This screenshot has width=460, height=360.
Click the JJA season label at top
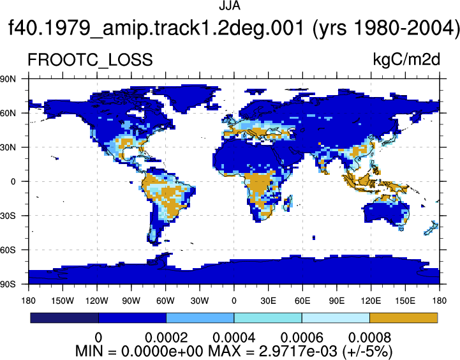pyautogui.click(x=230, y=6)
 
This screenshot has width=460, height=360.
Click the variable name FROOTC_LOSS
pyautogui.click(x=90, y=59)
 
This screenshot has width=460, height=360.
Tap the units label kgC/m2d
pyautogui.click(x=406, y=59)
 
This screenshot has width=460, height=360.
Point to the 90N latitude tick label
pyautogui.click(x=8, y=79)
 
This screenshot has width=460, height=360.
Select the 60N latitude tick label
pyautogui.click(x=8, y=113)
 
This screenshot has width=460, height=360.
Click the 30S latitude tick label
pyautogui.click(x=8, y=216)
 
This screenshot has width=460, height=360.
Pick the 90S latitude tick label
pyautogui.click(x=8, y=284)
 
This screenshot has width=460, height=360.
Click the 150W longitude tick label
pyautogui.click(x=63, y=301)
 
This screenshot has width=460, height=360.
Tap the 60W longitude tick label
pyautogui.click(x=165, y=301)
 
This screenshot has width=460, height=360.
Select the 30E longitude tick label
pyautogui.click(x=268, y=301)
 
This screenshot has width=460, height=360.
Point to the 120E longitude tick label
pyautogui.click(x=371, y=301)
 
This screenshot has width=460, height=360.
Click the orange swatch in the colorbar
pyautogui.click(x=404, y=318)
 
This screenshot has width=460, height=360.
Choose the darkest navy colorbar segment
pyautogui.click(x=64, y=318)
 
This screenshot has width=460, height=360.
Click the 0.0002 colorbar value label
pyautogui.click(x=167, y=338)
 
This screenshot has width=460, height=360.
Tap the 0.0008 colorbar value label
pyautogui.click(x=369, y=338)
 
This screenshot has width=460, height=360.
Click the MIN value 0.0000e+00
pyautogui.click(x=162, y=351)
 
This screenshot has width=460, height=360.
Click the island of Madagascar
pyautogui.click(x=288, y=203)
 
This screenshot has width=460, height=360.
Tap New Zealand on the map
pyautogui.click(x=431, y=229)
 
